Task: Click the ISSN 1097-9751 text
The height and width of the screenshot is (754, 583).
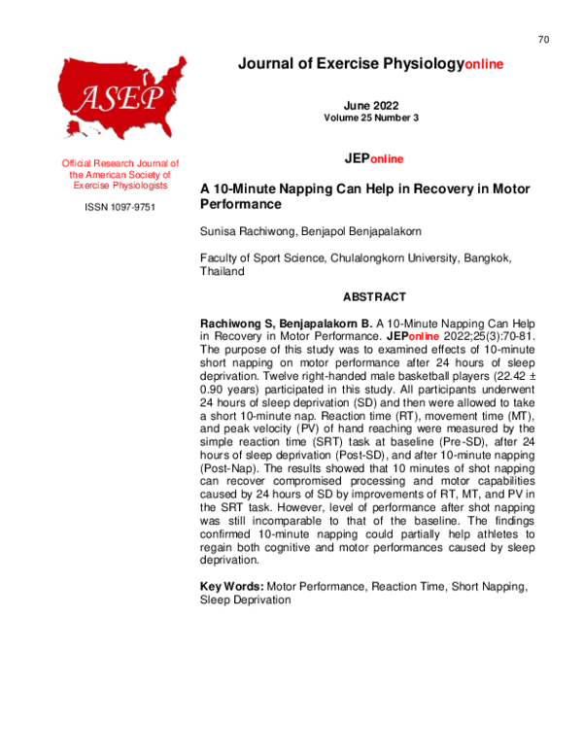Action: pyautogui.click(x=120, y=207)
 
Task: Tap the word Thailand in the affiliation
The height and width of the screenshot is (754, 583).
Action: pyautogui.click(x=223, y=273)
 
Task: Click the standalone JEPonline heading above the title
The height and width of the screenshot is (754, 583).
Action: pyautogui.click(x=374, y=158)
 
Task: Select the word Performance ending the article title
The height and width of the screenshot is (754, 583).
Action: pyautogui.click(x=240, y=205)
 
